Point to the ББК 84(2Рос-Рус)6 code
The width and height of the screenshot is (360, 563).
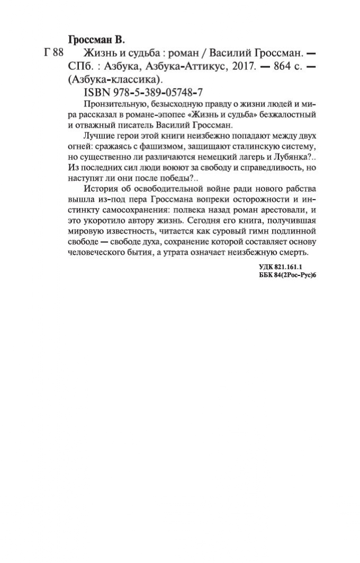coord(284,276)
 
